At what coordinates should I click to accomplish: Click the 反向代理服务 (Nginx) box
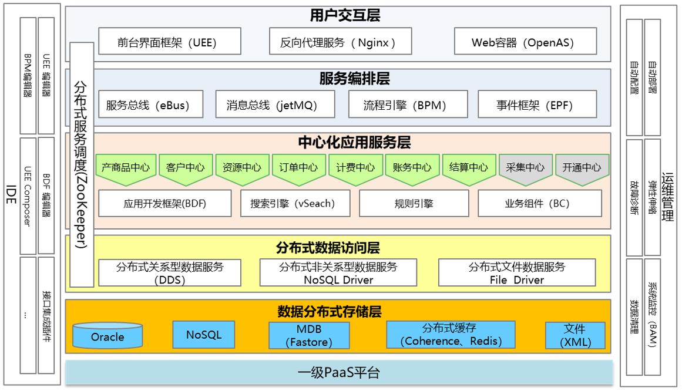click(x=338, y=42)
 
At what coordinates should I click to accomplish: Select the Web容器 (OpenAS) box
click(x=525, y=42)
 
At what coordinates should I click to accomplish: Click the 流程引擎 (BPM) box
click(x=405, y=106)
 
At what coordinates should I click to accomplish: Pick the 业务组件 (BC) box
click(x=539, y=204)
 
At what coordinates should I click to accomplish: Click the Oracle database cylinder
click(x=107, y=335)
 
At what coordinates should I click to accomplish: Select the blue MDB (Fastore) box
click(x=308, y=335)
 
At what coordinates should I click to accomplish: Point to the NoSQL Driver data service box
click(x=338, y=273)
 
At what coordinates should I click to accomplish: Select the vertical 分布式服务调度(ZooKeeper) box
click(x=82, y=164)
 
